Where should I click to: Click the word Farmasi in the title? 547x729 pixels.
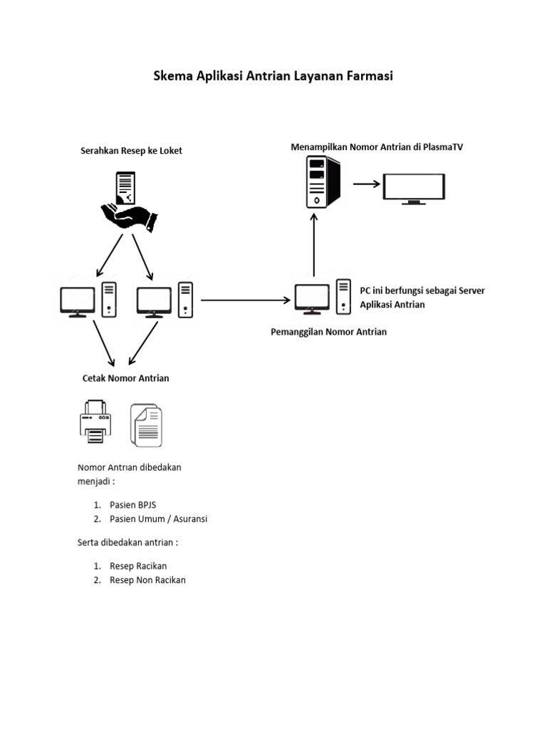(x=368, y=77)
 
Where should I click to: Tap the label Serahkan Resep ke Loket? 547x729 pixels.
(x=130, y=150)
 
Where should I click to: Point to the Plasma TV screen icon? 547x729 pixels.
(x=415, y=188)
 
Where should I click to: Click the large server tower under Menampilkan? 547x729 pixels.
(x=323, y=182)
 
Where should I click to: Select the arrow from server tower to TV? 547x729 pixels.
(x=367, y=184)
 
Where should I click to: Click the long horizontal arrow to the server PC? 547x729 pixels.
(x=246, y=300)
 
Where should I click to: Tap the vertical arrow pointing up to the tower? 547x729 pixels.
(x=313, y=243)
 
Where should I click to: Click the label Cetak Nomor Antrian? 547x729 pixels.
(x=126, y=378)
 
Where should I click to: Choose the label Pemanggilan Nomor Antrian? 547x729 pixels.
(x=329, y=332)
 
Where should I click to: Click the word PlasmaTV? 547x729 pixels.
(x=442, y=147)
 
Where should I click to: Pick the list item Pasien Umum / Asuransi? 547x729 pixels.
(x=158, y=519)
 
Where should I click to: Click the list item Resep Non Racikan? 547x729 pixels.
(x=147, y=580)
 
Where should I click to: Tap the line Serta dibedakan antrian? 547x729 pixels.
(x=127, y=542)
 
